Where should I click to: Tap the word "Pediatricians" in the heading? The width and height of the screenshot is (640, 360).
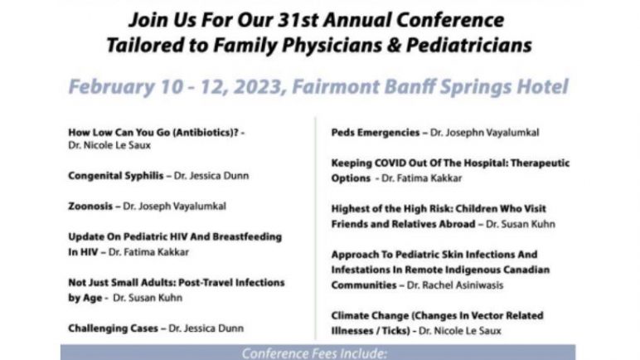tap(469, 45)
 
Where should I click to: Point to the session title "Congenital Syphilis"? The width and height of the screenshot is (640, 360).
tap(116, 176)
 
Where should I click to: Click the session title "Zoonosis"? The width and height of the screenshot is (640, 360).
tap(90, 206)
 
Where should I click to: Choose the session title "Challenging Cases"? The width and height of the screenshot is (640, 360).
tap(113, 328)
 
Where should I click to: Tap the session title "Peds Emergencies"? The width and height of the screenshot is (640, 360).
tap(376, 133)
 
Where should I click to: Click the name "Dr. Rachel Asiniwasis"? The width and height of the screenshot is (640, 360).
tap(455, 285)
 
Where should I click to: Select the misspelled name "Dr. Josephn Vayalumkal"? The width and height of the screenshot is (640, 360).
tap(485, 133)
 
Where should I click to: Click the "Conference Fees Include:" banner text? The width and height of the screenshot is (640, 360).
tap(314, 353)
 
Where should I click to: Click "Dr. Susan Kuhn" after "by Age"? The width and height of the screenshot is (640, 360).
tap(148, 298)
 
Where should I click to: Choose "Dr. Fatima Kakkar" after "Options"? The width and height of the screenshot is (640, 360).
tap(422, 178)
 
